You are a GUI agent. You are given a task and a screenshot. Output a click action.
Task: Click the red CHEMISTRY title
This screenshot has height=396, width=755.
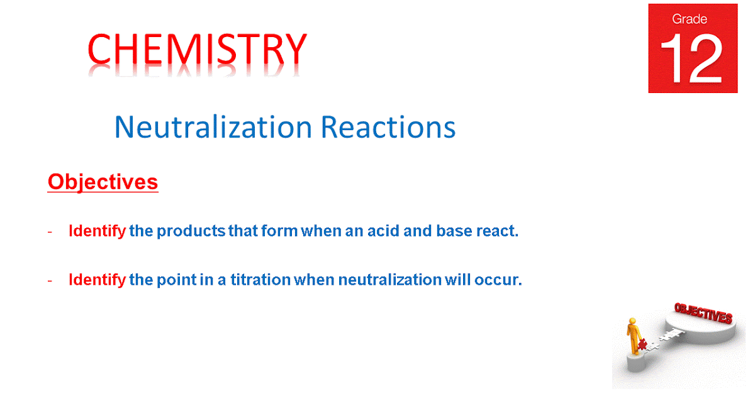[x=197, y=50]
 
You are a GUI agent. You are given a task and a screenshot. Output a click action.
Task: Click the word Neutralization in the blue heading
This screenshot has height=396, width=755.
[x=213, y=128]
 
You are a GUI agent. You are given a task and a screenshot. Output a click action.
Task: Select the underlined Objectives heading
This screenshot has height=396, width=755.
[x=103, y=182]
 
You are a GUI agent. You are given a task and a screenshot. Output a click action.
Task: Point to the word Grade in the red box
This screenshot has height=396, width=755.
[x=691, y=19]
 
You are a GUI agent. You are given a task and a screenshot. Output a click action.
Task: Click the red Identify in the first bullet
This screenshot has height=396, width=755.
[x=97, y=231]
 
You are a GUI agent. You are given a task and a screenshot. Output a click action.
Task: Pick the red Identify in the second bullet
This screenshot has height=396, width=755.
[x=97, y=280]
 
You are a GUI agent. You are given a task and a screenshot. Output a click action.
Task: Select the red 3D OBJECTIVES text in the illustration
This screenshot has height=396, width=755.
[x=703, y=312]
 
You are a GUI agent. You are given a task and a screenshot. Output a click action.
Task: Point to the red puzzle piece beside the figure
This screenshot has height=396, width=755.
[x=642, y=344]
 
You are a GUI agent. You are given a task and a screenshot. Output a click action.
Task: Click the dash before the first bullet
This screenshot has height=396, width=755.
[x=50, y=231]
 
